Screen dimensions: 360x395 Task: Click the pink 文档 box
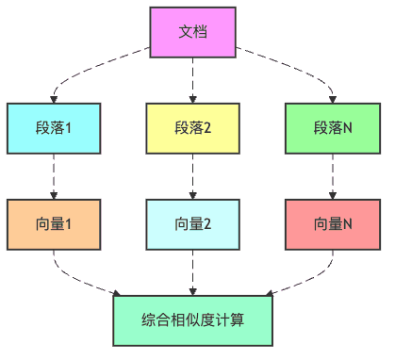click(193, 32)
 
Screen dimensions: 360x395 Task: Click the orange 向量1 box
click(53, 224)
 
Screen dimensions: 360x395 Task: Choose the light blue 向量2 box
click(193, 224)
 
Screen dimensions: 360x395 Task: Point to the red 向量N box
click(333, 224)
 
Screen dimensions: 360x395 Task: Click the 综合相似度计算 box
click(193, 320)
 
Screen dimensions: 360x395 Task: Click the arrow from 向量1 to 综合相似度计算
click(85, 279)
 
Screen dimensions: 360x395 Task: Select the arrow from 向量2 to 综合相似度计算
click(193, 272)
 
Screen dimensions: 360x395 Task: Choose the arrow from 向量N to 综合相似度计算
click(302, 279)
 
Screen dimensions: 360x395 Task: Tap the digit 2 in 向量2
click(207, 224)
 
